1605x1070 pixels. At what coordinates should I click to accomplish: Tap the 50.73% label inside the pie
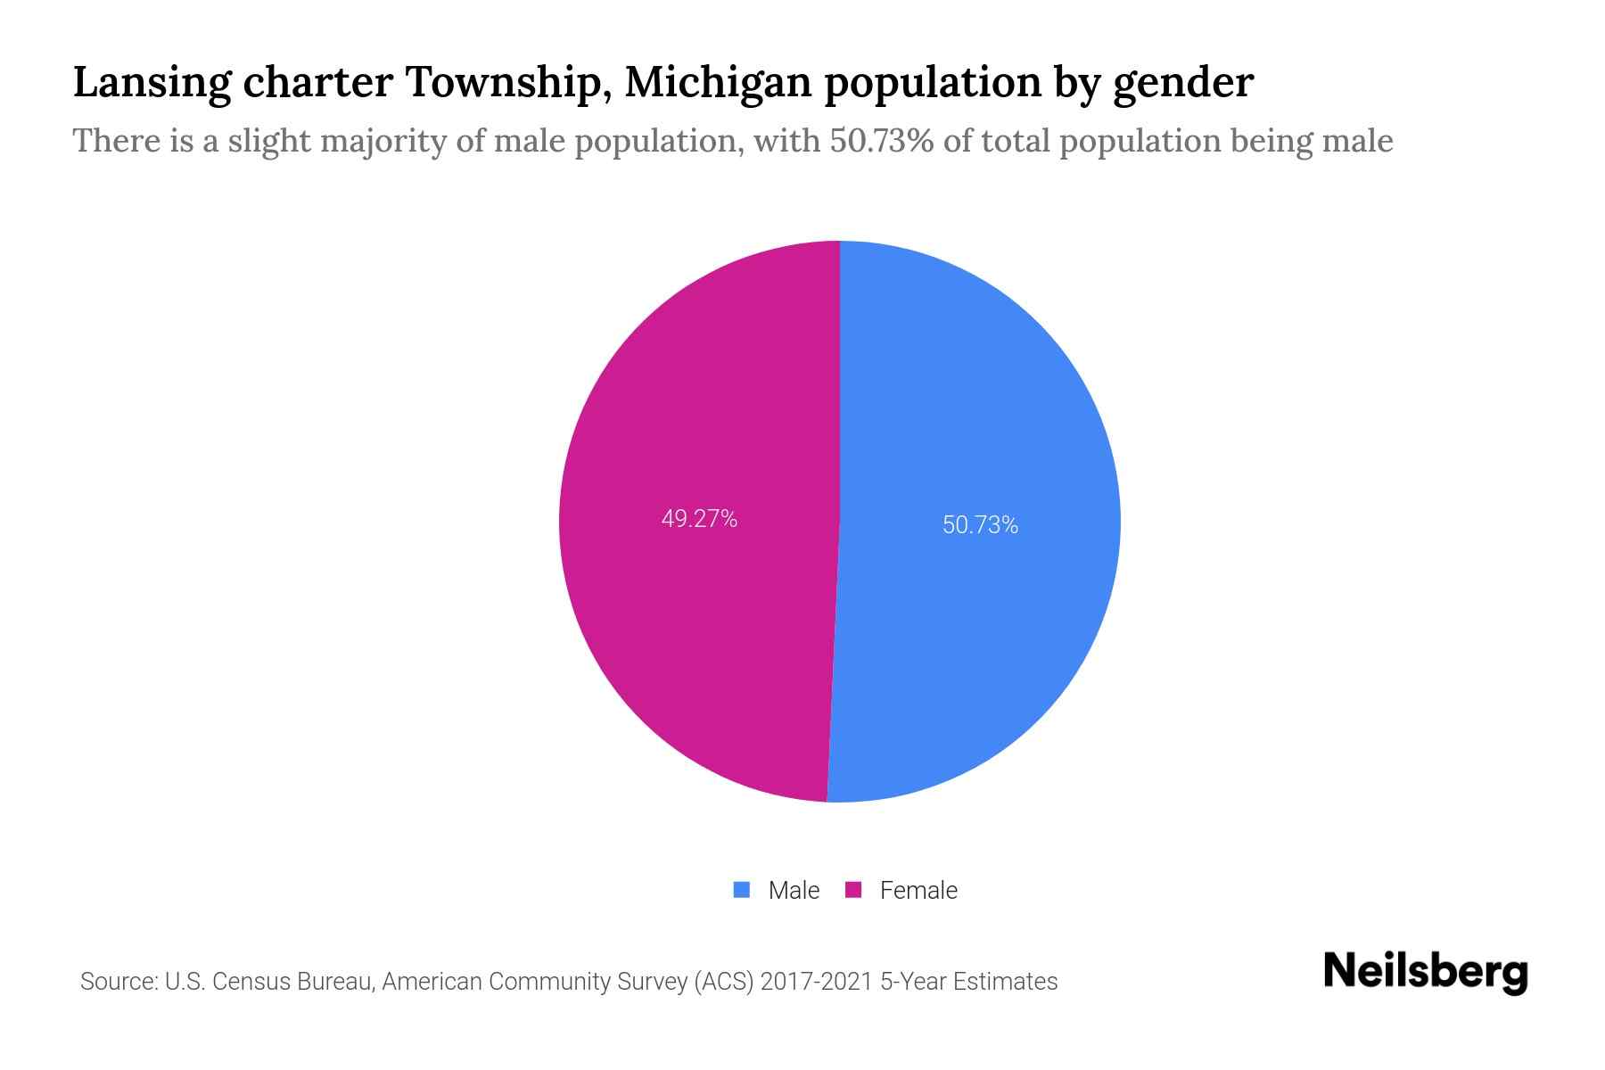point(980,525)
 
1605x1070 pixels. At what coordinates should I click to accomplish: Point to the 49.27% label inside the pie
point(699,519)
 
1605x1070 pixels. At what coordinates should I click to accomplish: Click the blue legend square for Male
point(741,890)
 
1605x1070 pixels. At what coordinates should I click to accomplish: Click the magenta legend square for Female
point(853,890)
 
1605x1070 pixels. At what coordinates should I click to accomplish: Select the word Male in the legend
point(794,890)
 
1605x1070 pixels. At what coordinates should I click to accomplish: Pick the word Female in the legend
point(918,890)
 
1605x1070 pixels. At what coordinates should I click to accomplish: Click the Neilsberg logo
point(1425,972)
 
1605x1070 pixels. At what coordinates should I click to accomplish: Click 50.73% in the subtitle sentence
point(882,141)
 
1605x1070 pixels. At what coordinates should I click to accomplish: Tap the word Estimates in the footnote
point(1005,982)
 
